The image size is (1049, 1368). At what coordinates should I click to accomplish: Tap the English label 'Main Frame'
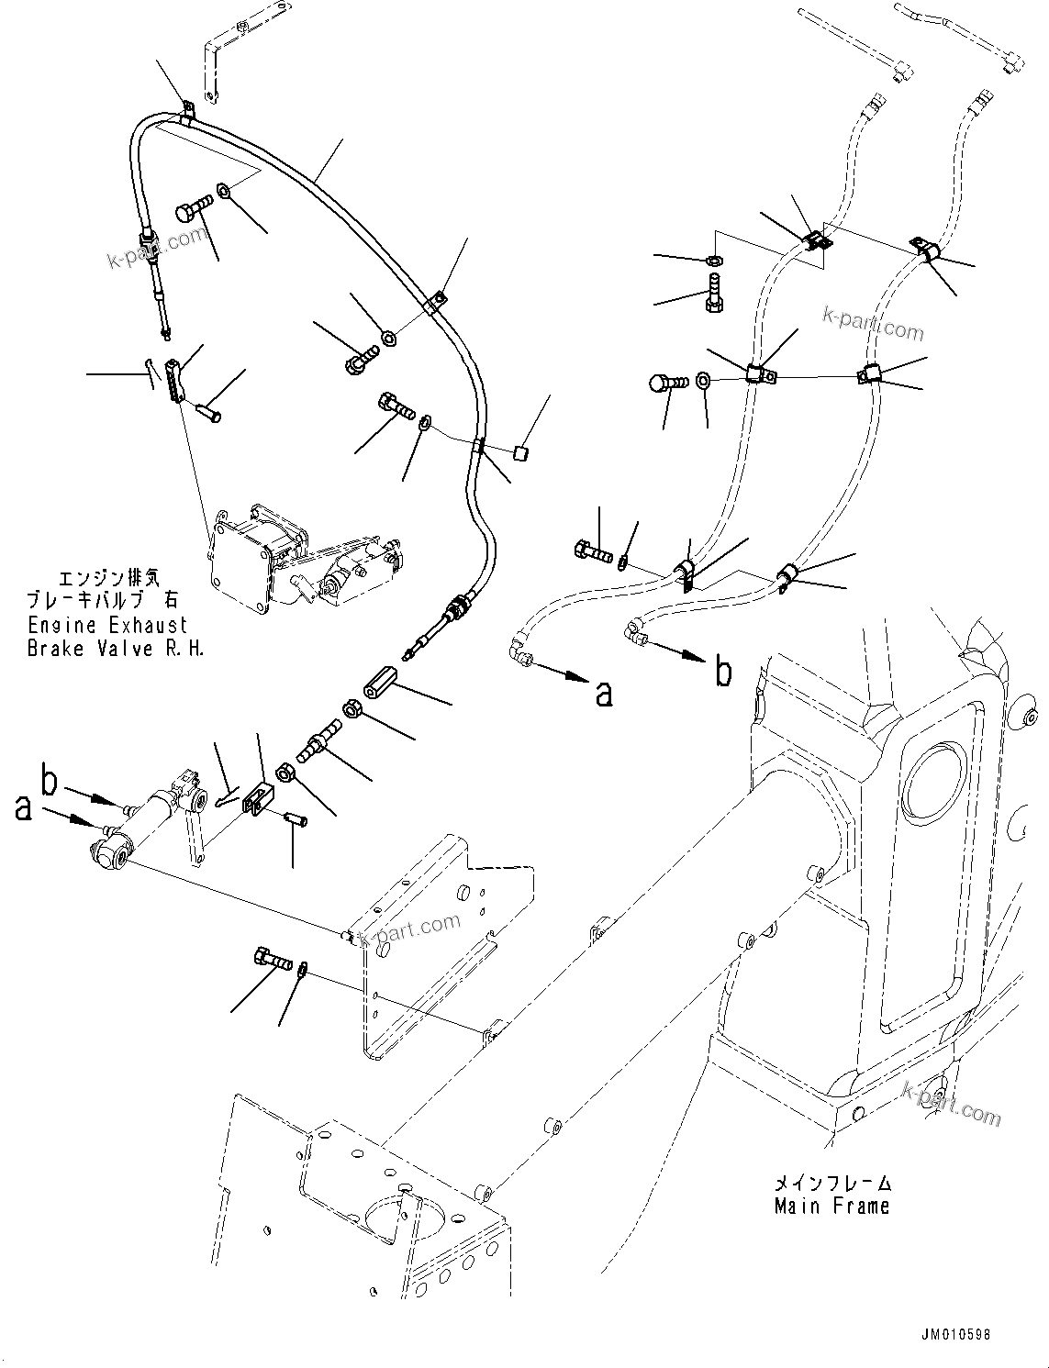[831, 1206]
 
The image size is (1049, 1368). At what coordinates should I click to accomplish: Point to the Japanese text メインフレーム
[831, 1184]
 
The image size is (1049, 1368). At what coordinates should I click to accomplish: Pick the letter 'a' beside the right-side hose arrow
[604, 695]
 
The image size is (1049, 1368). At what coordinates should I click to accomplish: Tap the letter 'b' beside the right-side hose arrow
[723, 673]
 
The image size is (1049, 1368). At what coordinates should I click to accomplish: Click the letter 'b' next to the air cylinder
[51, 783]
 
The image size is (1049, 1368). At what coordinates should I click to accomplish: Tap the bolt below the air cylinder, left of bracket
[271, 961]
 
